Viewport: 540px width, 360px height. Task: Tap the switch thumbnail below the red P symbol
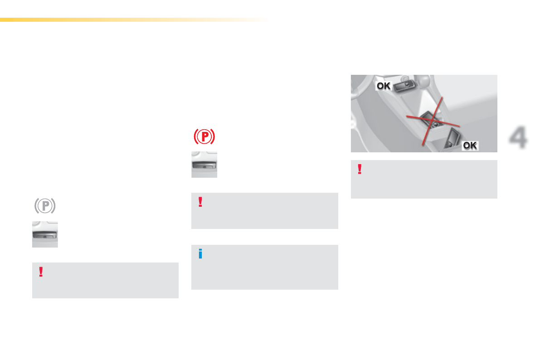204,165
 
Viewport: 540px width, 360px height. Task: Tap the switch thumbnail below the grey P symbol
45,234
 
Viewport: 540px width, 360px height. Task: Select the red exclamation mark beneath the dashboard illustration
360,169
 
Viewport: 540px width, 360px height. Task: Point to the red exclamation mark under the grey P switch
41,272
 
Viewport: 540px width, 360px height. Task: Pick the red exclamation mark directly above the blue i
200,202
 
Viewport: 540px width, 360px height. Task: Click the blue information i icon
200,254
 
